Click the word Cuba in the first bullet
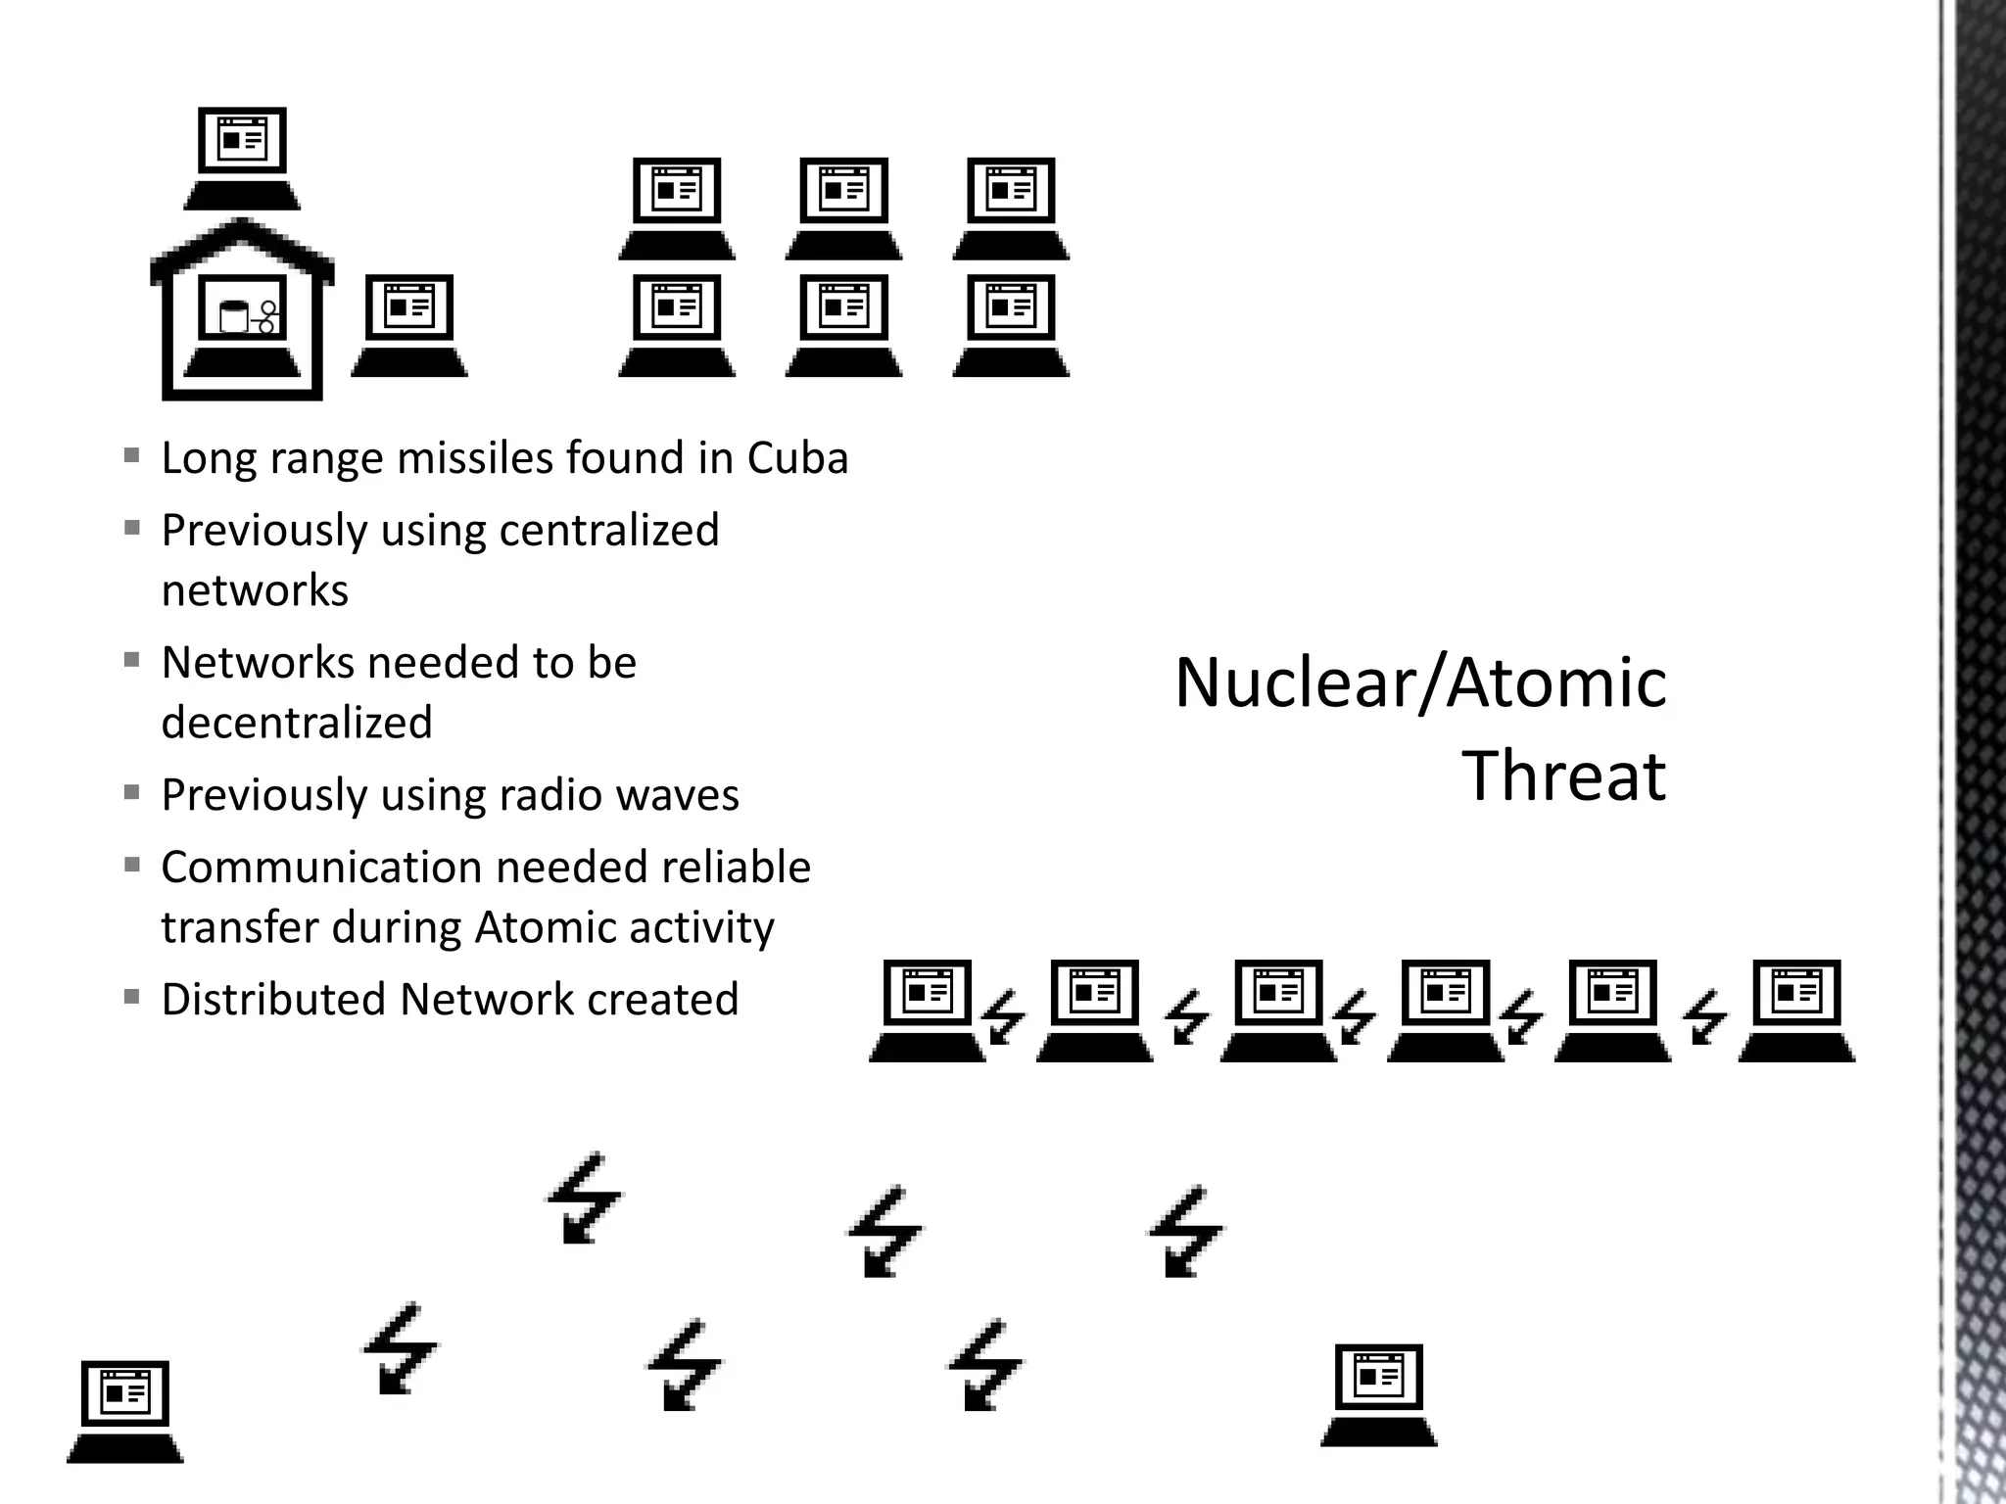[x=797, y=458]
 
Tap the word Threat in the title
[x=1563, y=775]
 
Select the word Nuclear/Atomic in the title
[x=1420, y=682]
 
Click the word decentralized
[x=297, y=723]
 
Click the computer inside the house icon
[x=242, y=328]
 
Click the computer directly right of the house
[x=409, y=326]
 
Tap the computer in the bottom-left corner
[x=125, y=1411]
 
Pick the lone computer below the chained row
[x=1379, y=1395]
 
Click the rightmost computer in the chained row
[x=1796, y=1010]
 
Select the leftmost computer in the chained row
[x=928, y=1010]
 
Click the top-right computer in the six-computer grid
[x=1011, y=209]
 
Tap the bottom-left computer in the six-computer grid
[x=677, y=326]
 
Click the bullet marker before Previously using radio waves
[x=132, y=792]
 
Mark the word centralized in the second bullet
[x=608, y=531]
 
